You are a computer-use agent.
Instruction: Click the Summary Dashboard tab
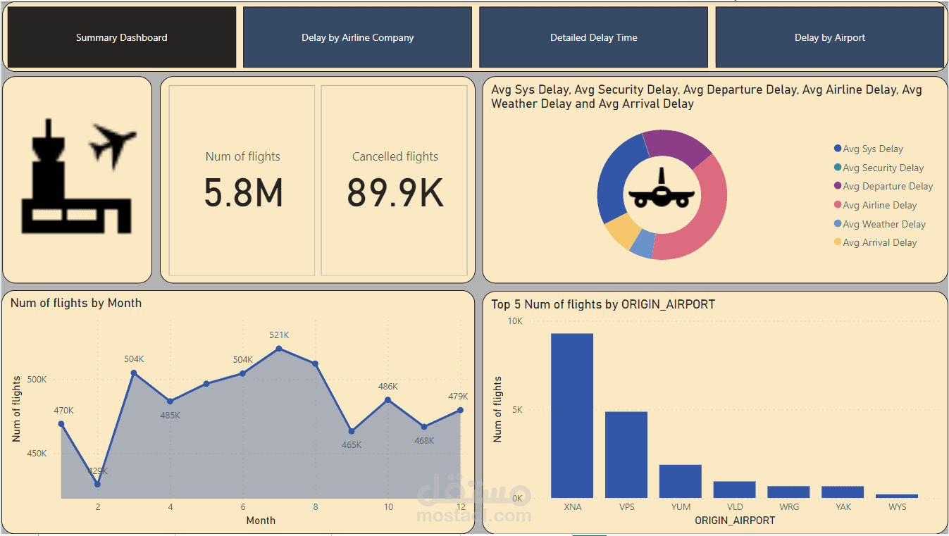pos(121,38)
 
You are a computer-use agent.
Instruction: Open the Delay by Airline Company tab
pos(357,38)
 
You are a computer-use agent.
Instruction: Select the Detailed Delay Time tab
pos(593,38)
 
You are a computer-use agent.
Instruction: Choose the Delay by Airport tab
pos(829,38)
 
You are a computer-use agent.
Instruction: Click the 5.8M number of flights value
pos(243,193)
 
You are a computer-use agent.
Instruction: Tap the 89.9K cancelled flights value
pos(395,193)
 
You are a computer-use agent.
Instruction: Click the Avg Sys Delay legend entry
pos(872,149)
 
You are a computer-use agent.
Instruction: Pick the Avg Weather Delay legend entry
pos(883,225)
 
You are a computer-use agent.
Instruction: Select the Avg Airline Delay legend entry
pos(879,206)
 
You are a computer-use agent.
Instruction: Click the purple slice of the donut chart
pos(676,144)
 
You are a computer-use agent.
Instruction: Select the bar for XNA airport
pos(572,416)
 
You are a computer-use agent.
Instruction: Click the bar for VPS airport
pos(626,454)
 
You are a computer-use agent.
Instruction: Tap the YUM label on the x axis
pos(681,507)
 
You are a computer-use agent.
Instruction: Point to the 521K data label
pos(279,335)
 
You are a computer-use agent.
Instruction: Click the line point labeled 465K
pos(352,431)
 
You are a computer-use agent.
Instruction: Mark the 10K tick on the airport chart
pos(515,321)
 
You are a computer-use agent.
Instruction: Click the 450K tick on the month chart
pos(37,454)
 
